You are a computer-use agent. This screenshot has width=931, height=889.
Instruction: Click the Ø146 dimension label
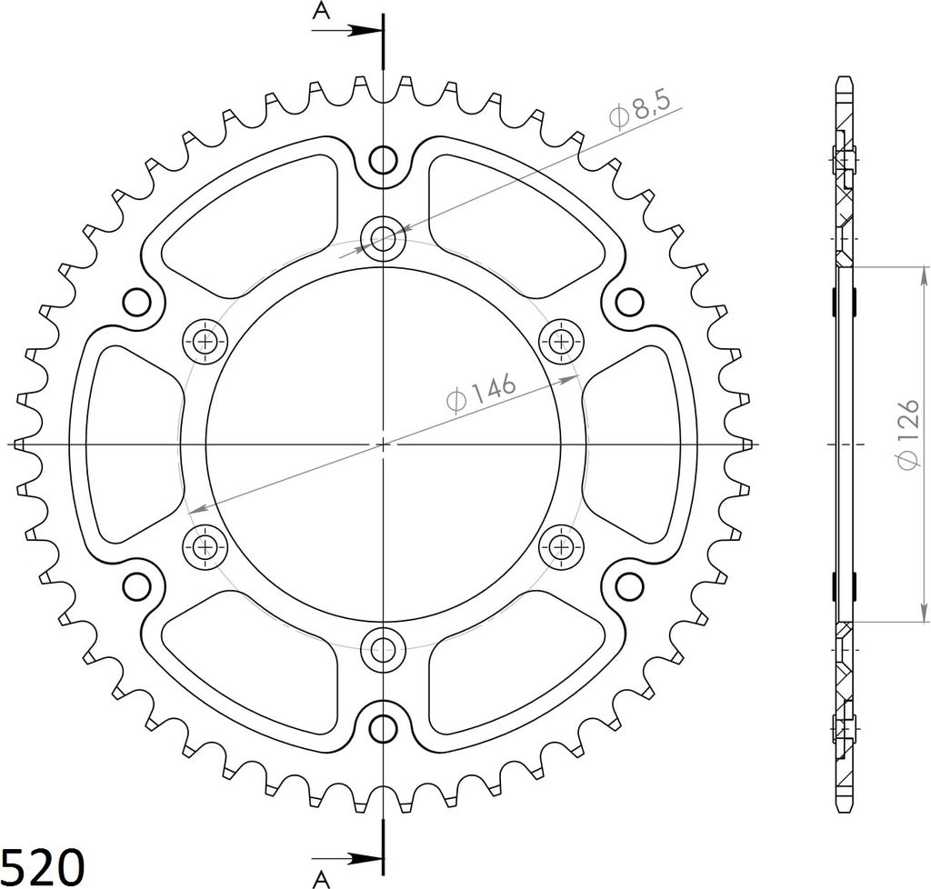click(481, 393)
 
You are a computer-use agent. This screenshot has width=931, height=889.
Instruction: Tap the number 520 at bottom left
click(42, 867)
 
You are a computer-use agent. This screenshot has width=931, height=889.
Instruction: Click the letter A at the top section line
click(321, 11)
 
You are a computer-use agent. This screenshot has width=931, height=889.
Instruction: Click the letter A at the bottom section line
click(321, 880)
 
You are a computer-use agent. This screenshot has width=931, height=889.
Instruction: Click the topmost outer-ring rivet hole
click(384, 159)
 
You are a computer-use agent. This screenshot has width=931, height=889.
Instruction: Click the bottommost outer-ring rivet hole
click(384, 727)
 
